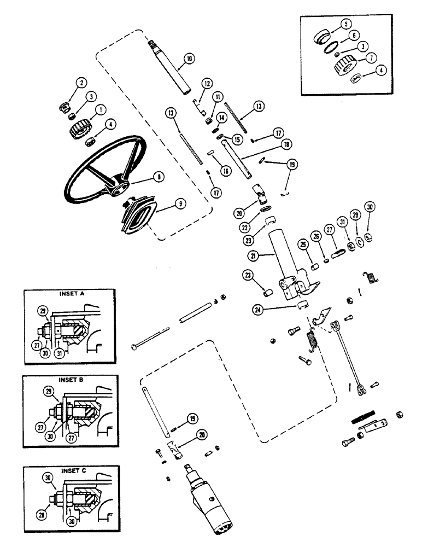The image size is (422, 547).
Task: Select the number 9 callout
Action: tap(179, 203)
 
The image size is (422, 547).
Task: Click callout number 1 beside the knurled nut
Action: tap(101, 109)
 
